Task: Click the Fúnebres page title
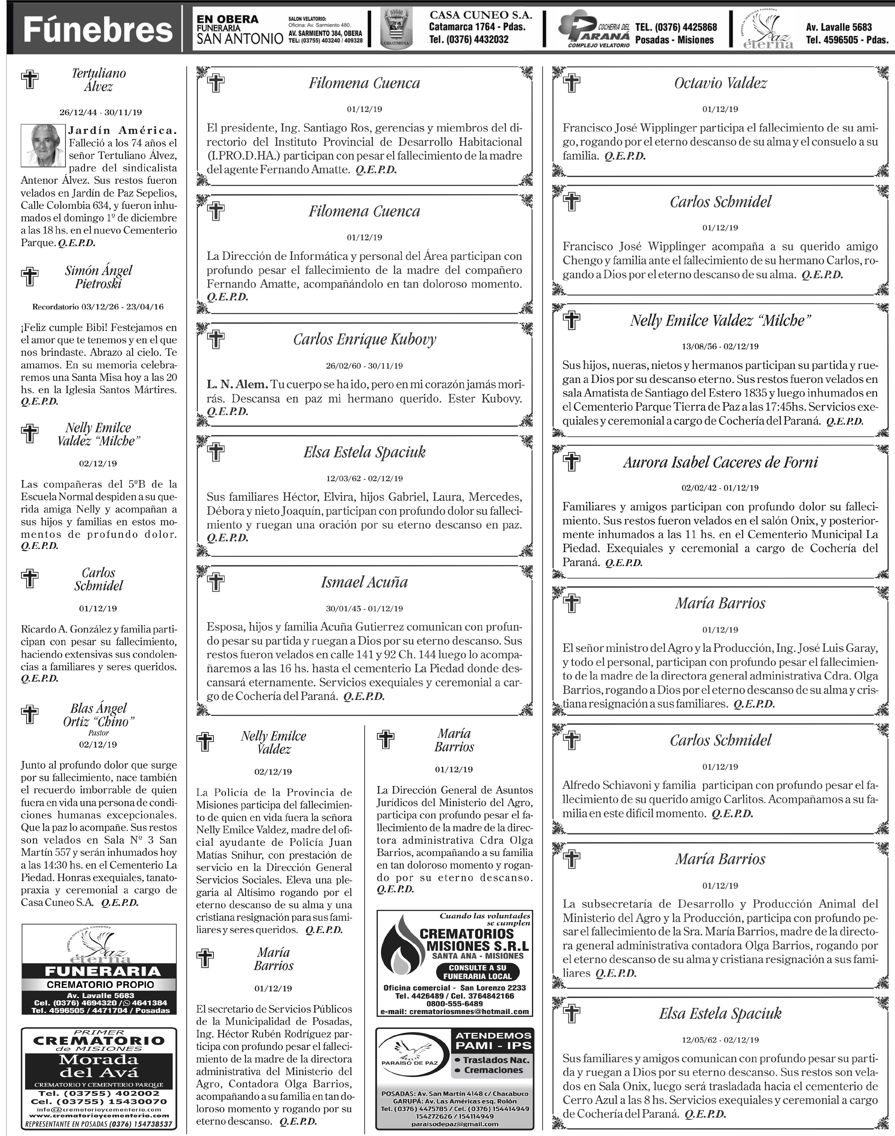(x=98, y=29)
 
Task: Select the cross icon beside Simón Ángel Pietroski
(x=30, y=276)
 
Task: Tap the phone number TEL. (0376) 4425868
(x=676, y=27)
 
